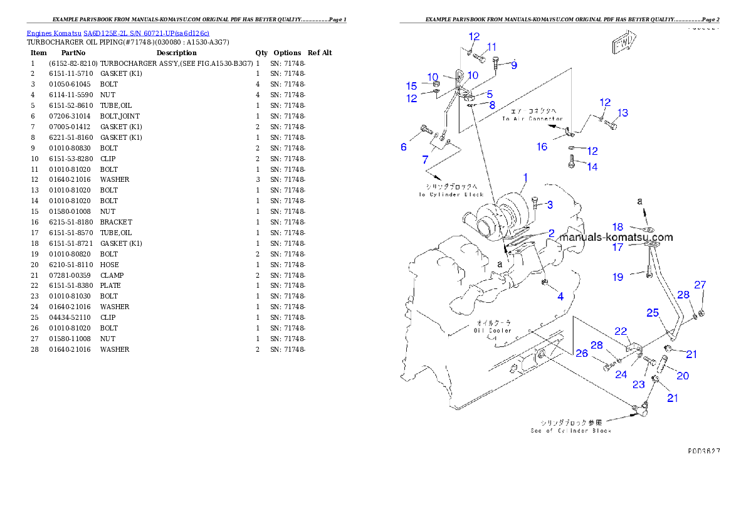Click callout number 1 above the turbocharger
pyautogui.click(x=525, y=178)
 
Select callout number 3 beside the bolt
pyautogui.click(x=549, y=204)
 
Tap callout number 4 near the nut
pyautogui.click(x=560, y=296)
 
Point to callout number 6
pyautogui.click(x=404, y=147)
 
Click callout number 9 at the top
pyautogui.click(x=514, y=65)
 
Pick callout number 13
pyautogui.click(x=622, y=113)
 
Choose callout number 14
pyautogui.click(x=592, y=167)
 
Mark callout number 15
pyautogui.click(x=411, y=86)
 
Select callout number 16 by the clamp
pyautogui.click(x=542, y=147)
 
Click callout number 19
pyautogui.click(x=618, y=277)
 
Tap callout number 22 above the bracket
pyautogui.click(x=621, y=331)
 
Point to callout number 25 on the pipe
pyautogui.click(x=653, y=312)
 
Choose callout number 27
pyautogui.click(x=700, y=285)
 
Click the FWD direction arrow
pyautogui.click(x=624, y=45)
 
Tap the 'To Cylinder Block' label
pyautogui.click(x=451, y=191)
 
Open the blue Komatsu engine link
pyautogui.click(x=118, y=33)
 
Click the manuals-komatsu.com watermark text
pyautogui.click(x=616, y=237)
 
